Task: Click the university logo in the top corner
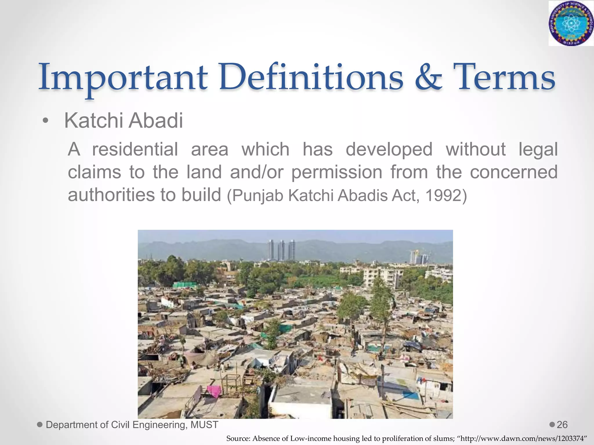(571, 23)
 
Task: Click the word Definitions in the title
(311, 78)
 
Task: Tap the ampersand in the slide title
(429, 78)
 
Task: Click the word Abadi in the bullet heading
(156, 121)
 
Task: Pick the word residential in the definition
(135, 149)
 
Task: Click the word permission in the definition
(337, 172)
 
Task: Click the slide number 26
(562, 425)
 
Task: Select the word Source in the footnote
(238, 439)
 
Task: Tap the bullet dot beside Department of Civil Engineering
(40, 425)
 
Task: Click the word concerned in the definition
(514, 172)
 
